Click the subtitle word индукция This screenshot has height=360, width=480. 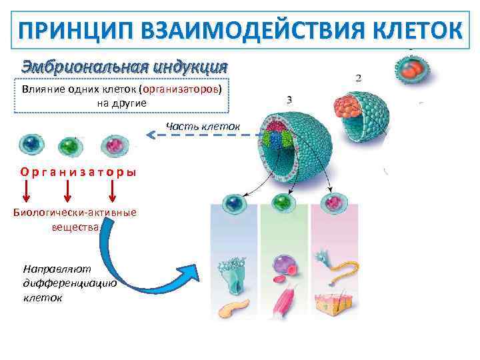pyautogui.click(x=189, y=67)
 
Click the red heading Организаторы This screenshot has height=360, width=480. pyautogui.click(x=79, y=171)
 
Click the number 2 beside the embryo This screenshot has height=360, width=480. pyautogui.click(x=360, y=78)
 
